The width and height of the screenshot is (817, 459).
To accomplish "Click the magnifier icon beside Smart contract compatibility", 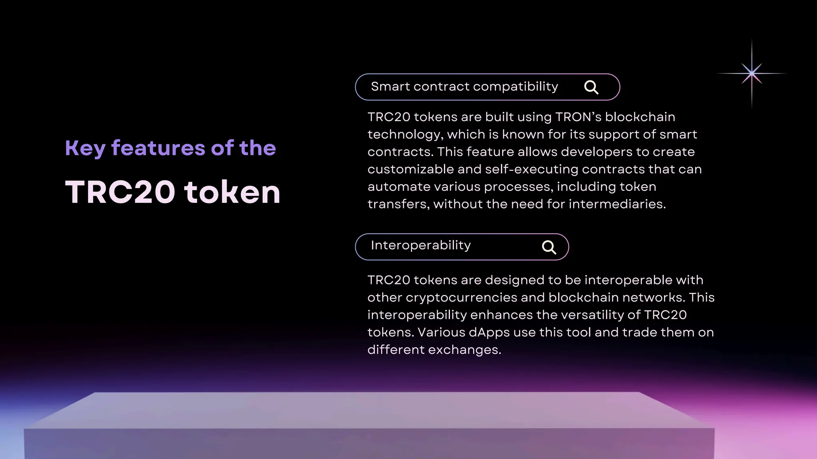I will (x=591, y=87).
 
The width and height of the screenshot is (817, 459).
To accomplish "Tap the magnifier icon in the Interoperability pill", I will (x=549, y=247).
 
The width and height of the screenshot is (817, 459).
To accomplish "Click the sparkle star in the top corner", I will (x=752, y=73).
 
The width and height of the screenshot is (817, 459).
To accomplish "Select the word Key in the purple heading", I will (x=85, y=149).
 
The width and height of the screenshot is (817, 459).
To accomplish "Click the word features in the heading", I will (x=158, y=148).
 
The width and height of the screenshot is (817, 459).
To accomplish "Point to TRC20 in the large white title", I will (x=120, y=192).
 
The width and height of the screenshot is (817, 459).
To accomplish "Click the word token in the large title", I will (x=233, y=192).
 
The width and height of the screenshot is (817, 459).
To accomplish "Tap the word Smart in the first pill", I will (x=390, y=86).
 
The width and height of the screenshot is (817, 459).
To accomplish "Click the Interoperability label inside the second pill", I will (x=420, y=245).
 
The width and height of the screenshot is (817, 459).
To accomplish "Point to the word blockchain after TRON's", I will (x=640, y=117).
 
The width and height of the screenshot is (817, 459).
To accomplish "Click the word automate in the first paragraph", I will (x=399, y=186).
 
